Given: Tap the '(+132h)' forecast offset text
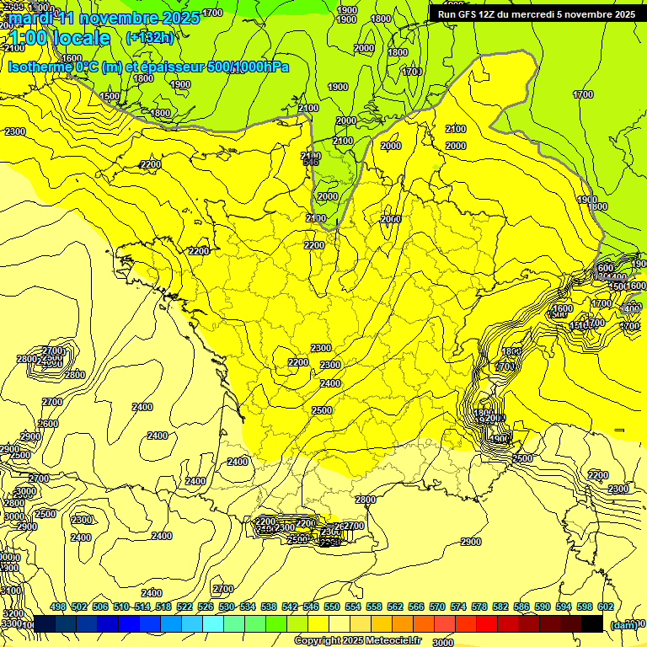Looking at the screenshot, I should click(150, 37).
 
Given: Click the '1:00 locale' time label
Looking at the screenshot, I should click(59, 38).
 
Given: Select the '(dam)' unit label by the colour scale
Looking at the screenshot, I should click(623, 624).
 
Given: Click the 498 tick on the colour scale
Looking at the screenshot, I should click(58, 607).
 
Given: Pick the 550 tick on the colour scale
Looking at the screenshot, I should click(331, 607).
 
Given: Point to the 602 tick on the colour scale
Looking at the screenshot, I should click(605, 607).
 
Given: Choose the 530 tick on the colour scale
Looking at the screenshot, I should click(227, 607).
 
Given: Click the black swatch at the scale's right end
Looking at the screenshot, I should click(592, 623).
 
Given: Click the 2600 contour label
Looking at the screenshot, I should click(48, 424).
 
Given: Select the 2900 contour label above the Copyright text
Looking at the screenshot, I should click(471, 542).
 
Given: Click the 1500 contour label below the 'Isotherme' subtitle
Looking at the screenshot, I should click(110, 96).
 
